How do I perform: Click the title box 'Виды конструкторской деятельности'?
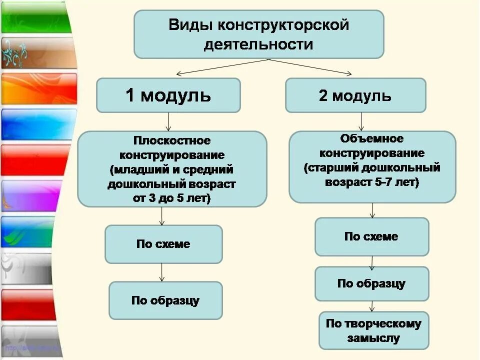(258, 34)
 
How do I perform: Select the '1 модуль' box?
(168, 95)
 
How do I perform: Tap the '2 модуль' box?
(355, 95)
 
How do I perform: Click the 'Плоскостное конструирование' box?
(171, 169)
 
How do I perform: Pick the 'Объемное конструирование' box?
(372, 167)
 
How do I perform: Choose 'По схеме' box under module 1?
(163, 244)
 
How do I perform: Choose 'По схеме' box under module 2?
(371, 236)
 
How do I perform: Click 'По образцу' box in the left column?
(165, 300)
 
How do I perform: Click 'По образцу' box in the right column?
(371, 283)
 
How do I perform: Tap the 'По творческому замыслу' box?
(373, 330)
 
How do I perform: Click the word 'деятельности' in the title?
(258, 44)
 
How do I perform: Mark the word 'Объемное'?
(371, 138)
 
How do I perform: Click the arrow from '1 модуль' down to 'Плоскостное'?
(168, 121)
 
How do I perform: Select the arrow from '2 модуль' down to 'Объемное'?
(361, 121)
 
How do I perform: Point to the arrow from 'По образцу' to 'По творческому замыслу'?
(371, 306)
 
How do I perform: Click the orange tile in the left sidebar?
(37, 88)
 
